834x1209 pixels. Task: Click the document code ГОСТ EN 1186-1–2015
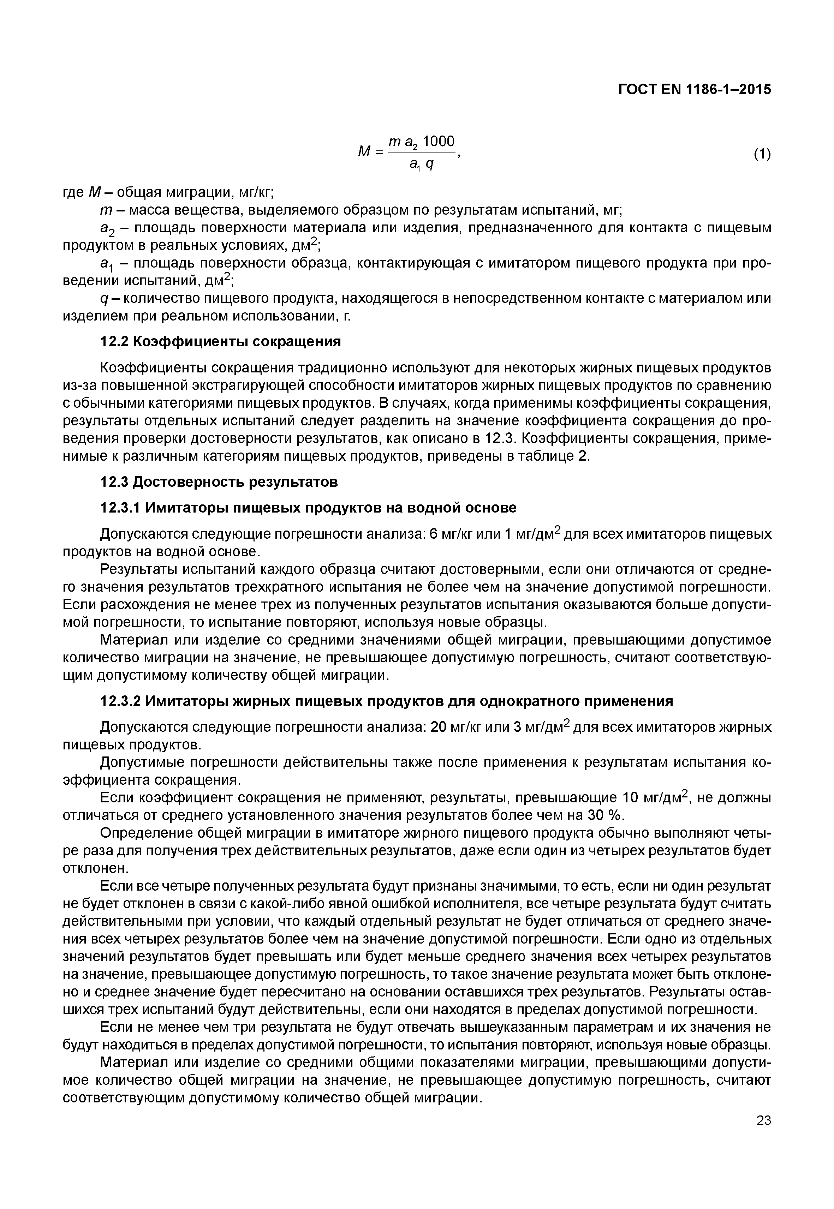point(695,89)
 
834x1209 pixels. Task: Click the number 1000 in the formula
point(439,142)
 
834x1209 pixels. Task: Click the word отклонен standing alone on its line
point(95,868)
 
